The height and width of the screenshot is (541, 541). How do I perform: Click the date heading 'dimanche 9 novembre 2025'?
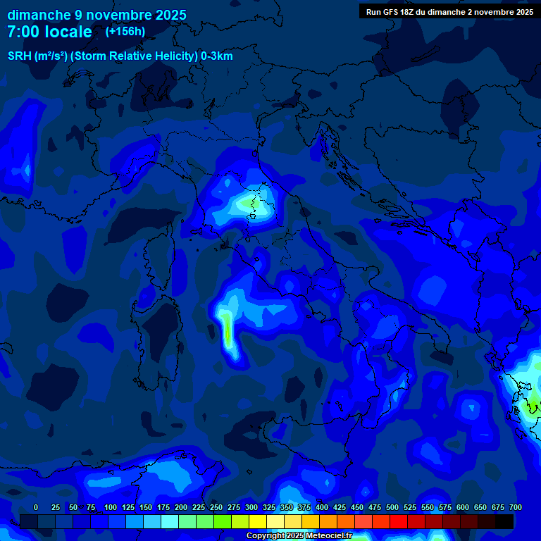click(97, 15)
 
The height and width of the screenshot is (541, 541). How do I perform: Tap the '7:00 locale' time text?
click(49, 32)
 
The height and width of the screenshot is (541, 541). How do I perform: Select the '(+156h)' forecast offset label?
click(125, 31)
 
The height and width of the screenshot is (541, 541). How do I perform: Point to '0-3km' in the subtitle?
click(217, 56)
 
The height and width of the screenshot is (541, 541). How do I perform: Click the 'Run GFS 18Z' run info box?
click(449, 11)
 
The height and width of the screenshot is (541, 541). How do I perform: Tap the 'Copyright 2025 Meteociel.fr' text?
click(299, 536)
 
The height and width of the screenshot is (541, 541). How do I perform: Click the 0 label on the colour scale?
click(36, 507)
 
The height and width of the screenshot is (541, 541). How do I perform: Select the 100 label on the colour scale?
click(110, 507)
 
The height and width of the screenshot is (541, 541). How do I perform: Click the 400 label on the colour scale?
click(321, 507)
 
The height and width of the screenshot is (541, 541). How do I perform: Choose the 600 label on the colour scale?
click(462, 507)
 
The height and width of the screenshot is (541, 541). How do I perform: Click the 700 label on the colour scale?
click(515, 507)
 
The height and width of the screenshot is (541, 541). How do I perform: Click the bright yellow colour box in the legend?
click(258, 521)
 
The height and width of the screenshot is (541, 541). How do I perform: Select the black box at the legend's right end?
click(504, 521)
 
